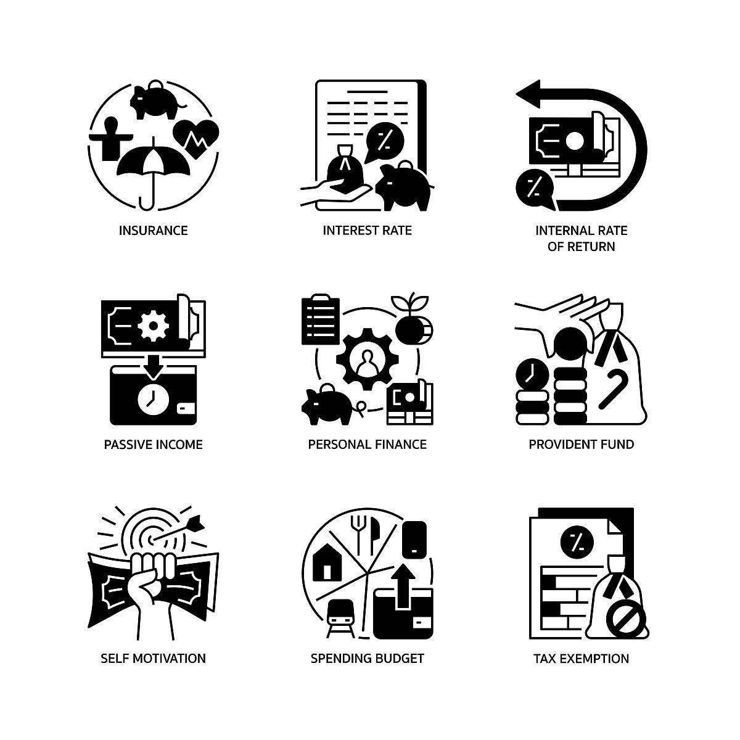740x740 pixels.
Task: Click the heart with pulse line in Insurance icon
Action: [x=196, y=138]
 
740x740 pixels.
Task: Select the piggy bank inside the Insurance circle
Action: [x=157, y=100]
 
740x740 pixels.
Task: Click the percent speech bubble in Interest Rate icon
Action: [x=384, y=141]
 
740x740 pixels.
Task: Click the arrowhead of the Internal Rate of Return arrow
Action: [x=528, y=94]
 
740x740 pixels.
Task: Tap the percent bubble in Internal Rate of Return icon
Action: [x=535, y=188]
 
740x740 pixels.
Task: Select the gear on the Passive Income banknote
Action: [x=153, y=326]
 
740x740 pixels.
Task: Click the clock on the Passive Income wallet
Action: [x=153, y=399]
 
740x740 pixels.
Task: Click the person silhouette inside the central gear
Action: [x=368, y=362]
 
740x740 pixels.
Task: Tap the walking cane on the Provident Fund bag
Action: [x=614, y=388]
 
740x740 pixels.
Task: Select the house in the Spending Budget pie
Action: [x=327, y=562]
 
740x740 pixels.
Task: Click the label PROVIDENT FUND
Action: [x=581, y=444]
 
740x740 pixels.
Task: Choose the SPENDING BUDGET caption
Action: [x=367, y=658]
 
